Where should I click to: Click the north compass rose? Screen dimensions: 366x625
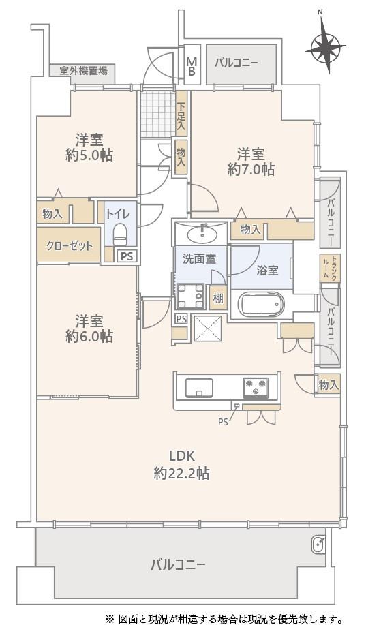[325, 49]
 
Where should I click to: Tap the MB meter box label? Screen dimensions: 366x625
[192, 67]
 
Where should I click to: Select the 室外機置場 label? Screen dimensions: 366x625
[83, 71]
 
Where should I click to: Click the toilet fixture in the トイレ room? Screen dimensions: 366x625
[120, 234]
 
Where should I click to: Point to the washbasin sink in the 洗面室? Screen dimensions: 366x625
[202, 234]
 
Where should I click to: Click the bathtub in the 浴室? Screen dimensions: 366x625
[262, 305]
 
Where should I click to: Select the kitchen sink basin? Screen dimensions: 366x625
[199, 387]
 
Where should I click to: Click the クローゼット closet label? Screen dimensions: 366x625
[70, 246]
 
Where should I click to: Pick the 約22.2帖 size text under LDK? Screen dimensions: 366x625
[181, 474]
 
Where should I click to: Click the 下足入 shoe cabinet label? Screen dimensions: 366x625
[181, 114]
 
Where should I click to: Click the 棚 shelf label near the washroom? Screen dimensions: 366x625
[217, 298]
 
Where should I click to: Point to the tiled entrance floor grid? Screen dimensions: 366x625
[158, 114]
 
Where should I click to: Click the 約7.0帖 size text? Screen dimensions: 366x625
[251, 170]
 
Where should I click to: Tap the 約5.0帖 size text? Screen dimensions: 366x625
[89, 155]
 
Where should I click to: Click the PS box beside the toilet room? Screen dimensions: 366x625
[127, 256]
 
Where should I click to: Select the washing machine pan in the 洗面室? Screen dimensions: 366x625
[189, 296]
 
